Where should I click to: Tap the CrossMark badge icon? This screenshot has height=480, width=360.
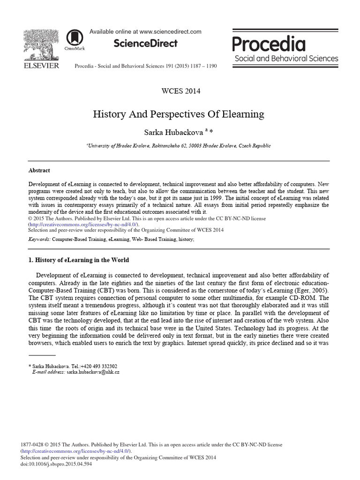tap(73, 38)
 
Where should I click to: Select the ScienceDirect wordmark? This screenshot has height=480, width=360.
tap(145, 44)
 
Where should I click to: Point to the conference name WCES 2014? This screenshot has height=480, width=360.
tap(180, 91)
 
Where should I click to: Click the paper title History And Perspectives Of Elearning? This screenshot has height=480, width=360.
tap(180, 114)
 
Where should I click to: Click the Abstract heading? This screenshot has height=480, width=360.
tap(39, 171)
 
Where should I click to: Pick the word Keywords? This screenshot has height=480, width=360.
tap(39, 239)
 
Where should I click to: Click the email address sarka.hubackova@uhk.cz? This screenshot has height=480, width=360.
tap(93, 371)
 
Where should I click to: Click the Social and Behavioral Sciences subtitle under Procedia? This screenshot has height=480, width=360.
tap(286, 59)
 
